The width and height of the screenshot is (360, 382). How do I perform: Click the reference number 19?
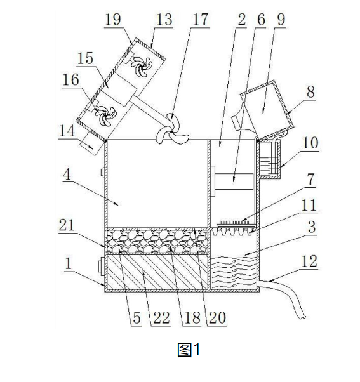point(113,19)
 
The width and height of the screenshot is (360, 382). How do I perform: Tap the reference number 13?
point(164,19)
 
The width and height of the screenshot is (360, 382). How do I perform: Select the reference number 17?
point(201,19)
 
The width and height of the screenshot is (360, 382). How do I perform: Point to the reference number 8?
point(310,91)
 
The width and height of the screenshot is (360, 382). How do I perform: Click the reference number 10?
point(310,143)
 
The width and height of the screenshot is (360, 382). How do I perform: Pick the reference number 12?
point(309,261)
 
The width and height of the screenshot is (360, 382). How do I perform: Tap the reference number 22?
point(161,318)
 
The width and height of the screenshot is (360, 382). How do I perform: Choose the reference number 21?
point(67,225)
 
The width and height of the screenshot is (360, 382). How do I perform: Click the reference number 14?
point(67,131)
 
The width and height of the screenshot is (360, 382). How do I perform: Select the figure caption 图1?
point(189,350)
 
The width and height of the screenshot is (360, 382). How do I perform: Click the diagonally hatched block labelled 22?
point(157,272)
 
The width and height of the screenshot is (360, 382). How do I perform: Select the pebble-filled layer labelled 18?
point(157,241)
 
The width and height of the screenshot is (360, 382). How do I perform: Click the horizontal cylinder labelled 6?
point(234,181)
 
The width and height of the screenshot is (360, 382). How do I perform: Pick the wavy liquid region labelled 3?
point(233,272)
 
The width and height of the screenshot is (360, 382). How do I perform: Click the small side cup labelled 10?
point(270,159)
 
